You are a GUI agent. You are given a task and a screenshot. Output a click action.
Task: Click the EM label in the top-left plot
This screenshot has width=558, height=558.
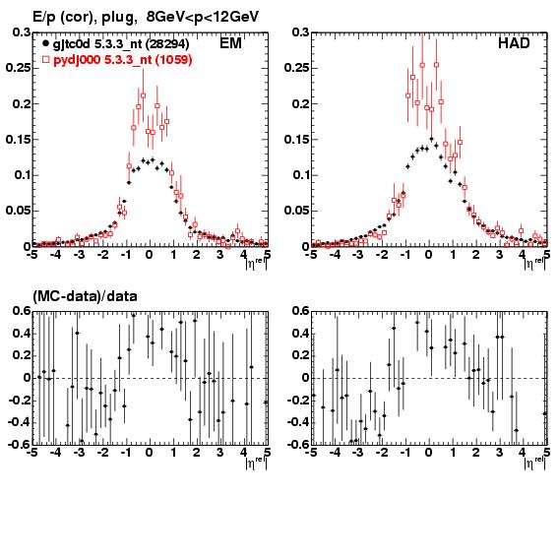pos(230,43)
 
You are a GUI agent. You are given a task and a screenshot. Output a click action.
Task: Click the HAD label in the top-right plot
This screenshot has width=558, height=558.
pos(514,43)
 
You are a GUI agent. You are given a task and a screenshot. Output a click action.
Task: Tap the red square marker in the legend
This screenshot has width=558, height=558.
pos(45,59)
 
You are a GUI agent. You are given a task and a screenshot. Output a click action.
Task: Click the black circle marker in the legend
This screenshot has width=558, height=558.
pos(45,43)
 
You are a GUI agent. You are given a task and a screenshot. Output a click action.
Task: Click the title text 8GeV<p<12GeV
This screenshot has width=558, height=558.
pos(202,17)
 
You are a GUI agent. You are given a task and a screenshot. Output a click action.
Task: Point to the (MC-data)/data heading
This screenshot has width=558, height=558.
pos(85,296)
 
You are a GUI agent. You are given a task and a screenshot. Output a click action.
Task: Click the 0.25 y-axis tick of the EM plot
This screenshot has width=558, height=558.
pos(18,68)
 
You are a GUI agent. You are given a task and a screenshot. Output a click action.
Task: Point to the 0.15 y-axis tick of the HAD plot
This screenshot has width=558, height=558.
pos(296,139)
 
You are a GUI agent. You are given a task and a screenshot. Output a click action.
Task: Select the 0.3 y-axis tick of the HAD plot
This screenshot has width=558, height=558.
pos(301,32)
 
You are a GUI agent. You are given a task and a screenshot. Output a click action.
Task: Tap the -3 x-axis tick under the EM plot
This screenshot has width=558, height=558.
pos(79,255)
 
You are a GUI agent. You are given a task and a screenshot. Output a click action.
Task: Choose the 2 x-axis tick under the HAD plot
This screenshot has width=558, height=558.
pos(475,255)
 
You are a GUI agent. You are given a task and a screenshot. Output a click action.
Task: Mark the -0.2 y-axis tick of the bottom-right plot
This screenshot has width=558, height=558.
pos(298,401)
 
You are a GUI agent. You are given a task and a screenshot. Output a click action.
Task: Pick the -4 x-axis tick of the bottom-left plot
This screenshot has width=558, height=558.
pos(55,453)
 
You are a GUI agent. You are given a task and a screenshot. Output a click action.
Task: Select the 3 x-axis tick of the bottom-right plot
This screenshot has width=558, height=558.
pos(499,453)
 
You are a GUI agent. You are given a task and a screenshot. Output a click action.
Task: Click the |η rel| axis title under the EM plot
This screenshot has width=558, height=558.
pos(256,264)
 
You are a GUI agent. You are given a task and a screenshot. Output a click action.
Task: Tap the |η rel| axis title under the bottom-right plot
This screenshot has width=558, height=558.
pos(534,463)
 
